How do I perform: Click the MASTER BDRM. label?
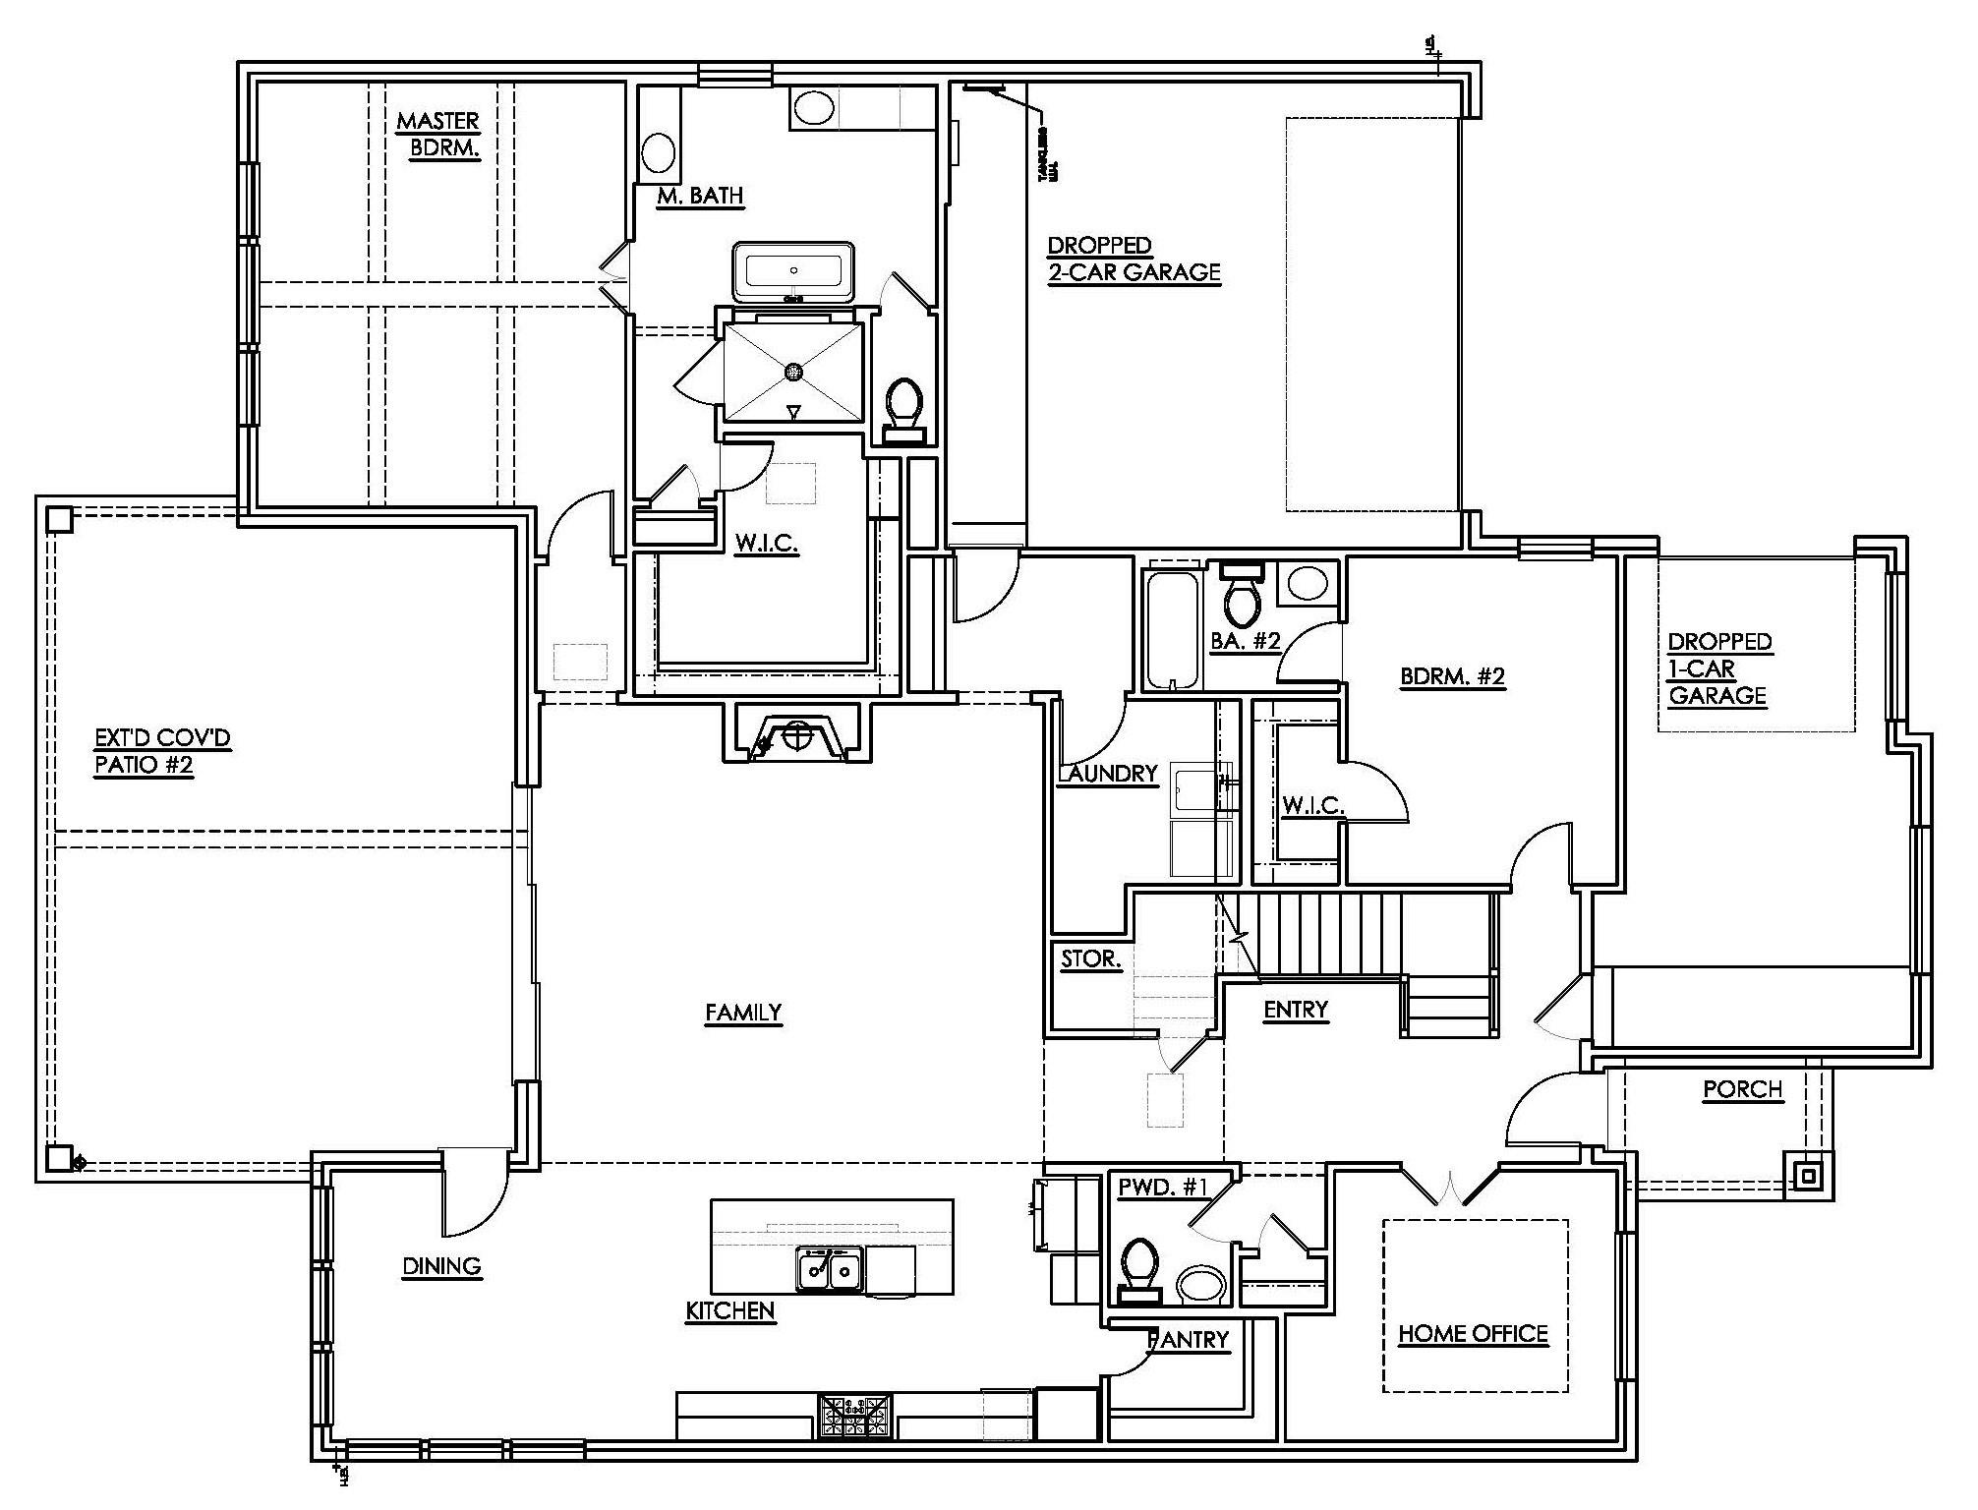click(437, 135)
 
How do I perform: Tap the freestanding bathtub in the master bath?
click(793, 270)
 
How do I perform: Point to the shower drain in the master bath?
click(793, 371)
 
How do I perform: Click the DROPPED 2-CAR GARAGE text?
click(1133, 260)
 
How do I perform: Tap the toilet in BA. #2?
click(1244, 596)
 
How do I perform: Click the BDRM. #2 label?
click(1452, 676)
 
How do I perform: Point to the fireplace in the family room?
click(797, 734)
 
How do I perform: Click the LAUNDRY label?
click(1108, 774)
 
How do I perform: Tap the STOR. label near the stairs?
click(1090, 958)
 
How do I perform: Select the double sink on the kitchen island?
click(829, 1269)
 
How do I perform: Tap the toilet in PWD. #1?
click(1139, 1269)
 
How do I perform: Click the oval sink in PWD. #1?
click(1201, 1283)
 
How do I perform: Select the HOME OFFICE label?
click(1472, 1334)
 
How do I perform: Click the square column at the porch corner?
click(1809, 1175)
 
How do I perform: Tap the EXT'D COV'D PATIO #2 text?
click(162, 751)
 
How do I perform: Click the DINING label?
click(441, 1266)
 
